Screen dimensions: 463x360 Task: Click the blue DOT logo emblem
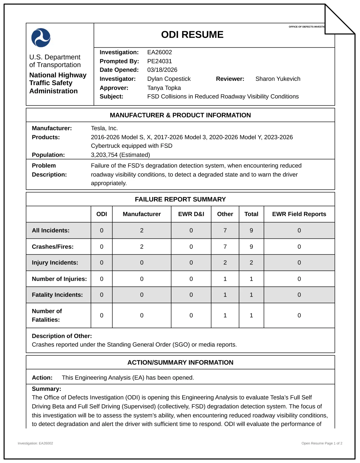click(x=41, y=38)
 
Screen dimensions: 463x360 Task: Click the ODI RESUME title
click(x=192, y=35)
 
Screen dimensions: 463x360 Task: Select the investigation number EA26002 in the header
click(x=159, y=52)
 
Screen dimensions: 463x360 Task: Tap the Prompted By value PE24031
click(x=159, y=61)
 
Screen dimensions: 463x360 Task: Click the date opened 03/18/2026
click(x=162, y=70)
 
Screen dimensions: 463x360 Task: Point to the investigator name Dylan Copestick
click(x=169, y=79)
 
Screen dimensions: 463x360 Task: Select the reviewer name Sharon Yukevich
click(x=278, y=79)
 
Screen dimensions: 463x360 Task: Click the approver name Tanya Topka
click(x=164, y=88)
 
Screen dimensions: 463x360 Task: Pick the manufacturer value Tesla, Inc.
click(x=104, y=128)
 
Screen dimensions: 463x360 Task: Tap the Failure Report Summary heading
click(x=180, y=199)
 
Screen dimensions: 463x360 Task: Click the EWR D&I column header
click(x=191, y=214)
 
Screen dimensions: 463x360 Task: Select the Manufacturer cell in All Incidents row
click(x=142, y=231)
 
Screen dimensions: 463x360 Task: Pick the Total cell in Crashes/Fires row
click(x=251, y=247)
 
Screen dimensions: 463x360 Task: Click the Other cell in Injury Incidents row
click(x=225, y=263)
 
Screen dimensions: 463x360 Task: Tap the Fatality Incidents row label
click(x=57, y=295)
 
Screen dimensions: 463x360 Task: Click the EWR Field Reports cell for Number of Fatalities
click(x=299, y=315)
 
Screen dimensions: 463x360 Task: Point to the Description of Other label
click(x=62, y=336)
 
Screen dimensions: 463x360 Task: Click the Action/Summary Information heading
click(x=180, y=362)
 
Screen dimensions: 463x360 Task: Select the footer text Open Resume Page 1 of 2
click(x=322, y=443)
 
